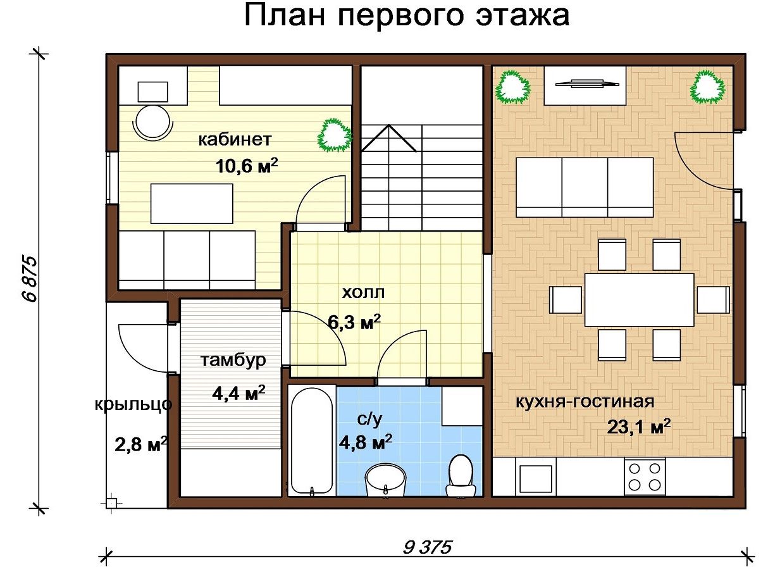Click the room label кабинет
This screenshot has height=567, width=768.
point(235,140)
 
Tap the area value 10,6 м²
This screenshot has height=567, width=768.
point(247,166)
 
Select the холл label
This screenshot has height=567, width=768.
point(363,293)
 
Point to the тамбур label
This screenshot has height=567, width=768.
point(233,360)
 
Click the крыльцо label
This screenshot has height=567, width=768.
point(133,404)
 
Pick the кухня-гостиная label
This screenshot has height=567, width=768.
point(585,402)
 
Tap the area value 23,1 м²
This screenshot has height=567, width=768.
point(639,427)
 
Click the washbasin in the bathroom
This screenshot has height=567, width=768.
point(385,480)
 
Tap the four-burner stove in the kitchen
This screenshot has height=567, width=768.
point(645,477)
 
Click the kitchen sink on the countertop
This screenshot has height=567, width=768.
point(536,478)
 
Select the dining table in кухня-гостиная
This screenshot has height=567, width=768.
point(639,300)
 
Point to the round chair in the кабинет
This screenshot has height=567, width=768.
point(152,122)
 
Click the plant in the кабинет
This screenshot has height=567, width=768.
point(334,135)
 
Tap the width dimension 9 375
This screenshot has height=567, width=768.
point(428,547)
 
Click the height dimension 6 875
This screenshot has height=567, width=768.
point(29,279)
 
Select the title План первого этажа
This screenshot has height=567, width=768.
point(407,16)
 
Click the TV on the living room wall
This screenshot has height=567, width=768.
point(587,83)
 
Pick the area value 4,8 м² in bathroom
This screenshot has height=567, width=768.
point(366,442)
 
